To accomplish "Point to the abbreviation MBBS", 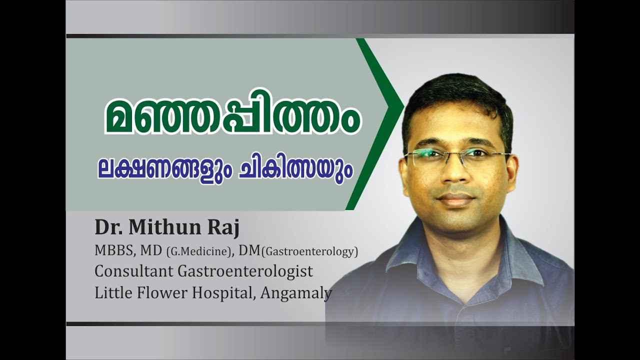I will [113, 251].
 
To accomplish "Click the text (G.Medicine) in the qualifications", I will [198, 252].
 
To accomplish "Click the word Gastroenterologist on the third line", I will [245, 272].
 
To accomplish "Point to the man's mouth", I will [455, 198].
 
